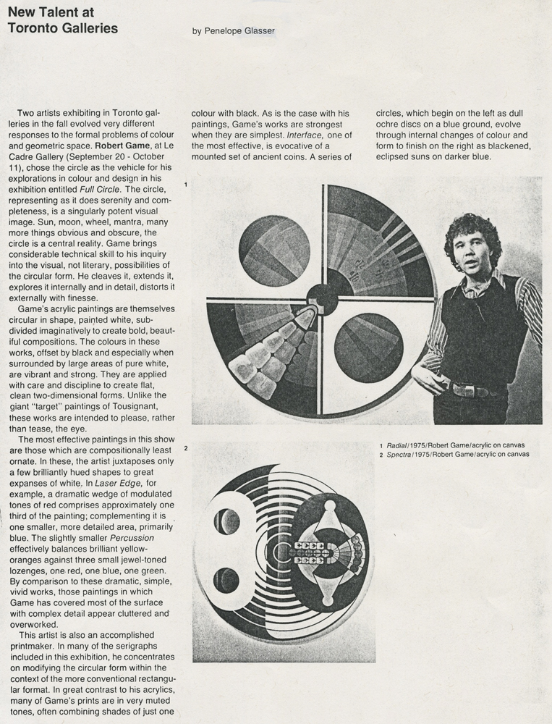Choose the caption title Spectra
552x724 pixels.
click(x=399, y=455)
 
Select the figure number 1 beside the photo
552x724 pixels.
click(x=186, y=185)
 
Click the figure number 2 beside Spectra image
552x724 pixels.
click(x=186, y=449)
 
